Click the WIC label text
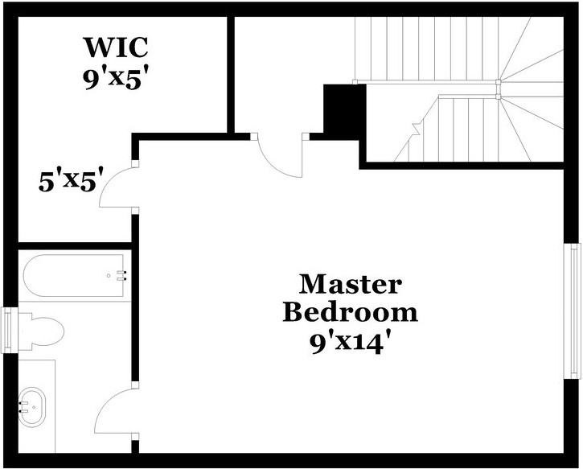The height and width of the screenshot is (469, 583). click(117, 47)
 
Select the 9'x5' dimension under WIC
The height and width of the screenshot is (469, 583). click(117, 79)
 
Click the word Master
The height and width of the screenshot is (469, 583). click(350, 284)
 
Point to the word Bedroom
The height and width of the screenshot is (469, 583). click(350, 312)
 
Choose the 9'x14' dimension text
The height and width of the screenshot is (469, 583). click(350, 341)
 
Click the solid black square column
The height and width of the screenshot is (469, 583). click(339, 109)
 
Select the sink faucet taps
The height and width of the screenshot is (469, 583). click(23, 401)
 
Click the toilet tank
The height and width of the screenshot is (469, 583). click(23, 331)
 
